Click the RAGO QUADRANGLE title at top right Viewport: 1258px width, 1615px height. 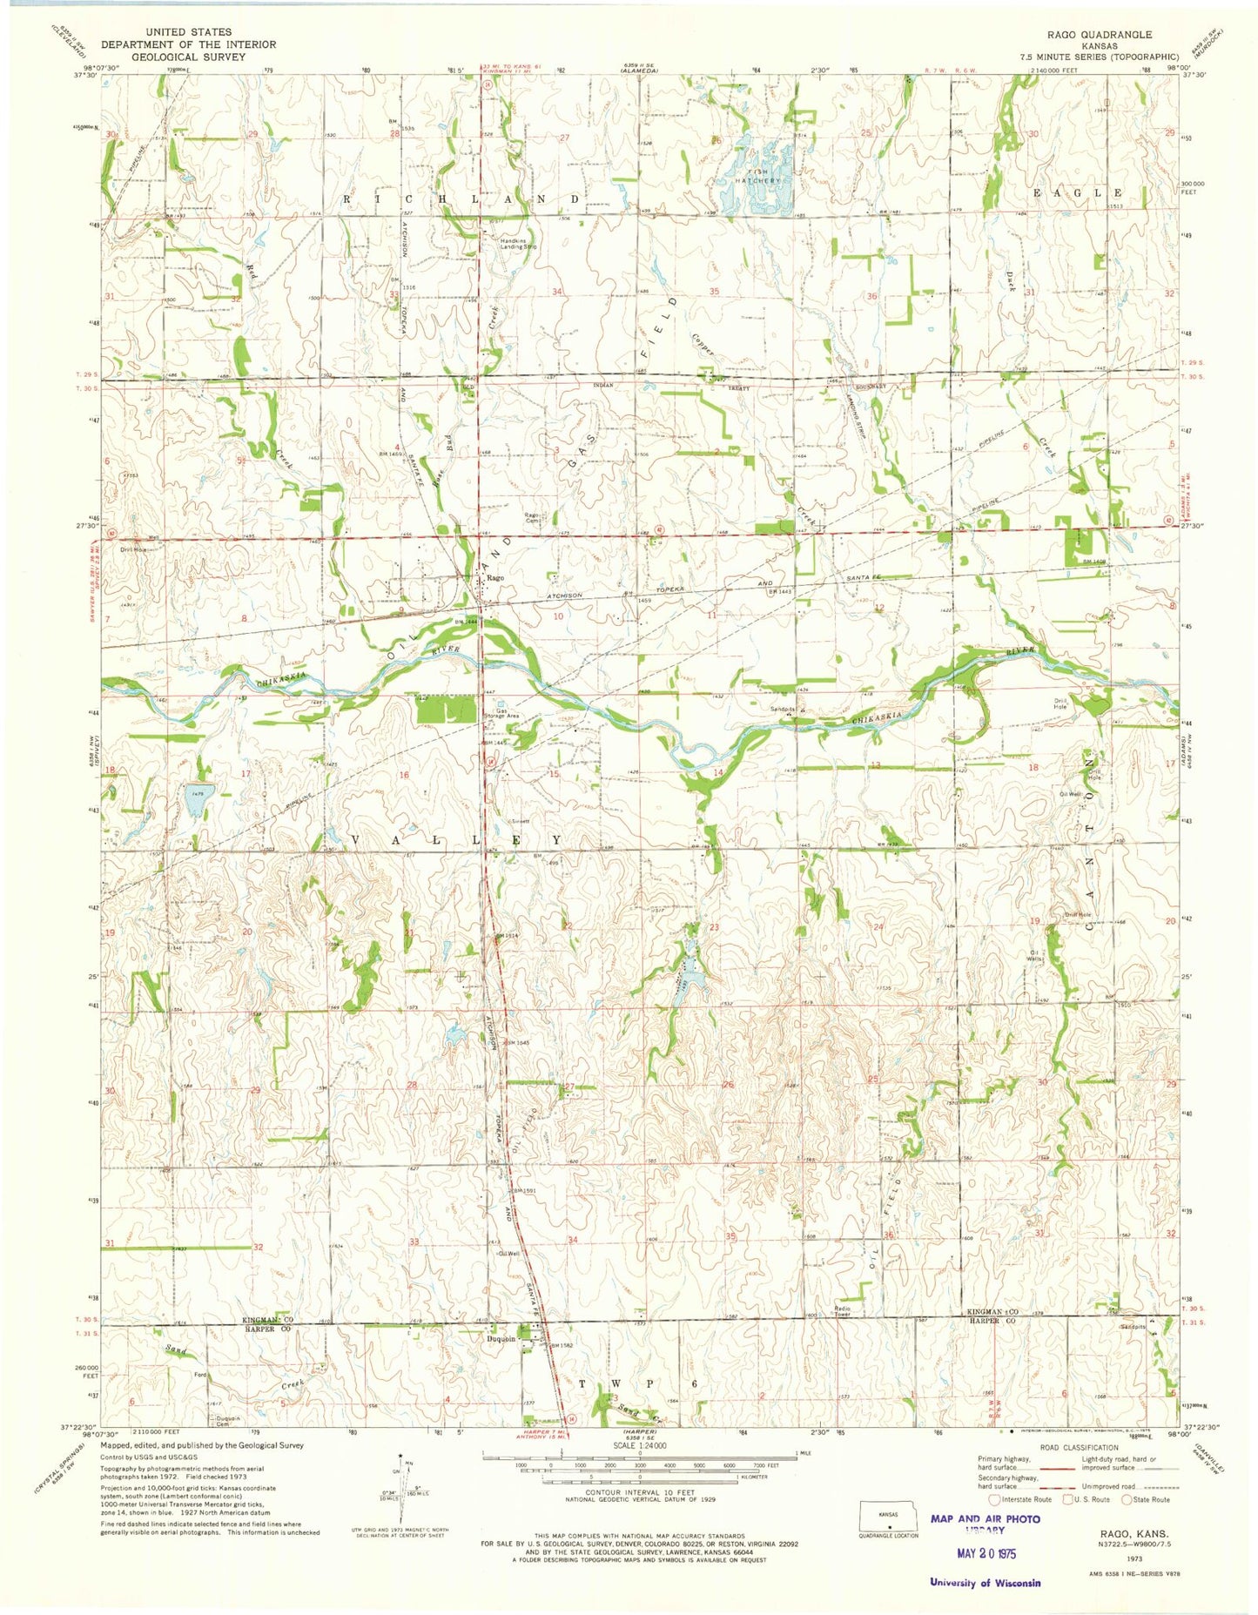pos(1100,35)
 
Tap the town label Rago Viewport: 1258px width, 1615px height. pos(496,577)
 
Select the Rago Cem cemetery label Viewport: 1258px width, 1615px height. pos(534,516)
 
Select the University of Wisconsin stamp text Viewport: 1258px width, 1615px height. pos(985,1583)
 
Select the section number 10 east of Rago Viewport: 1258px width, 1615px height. pos(557,616)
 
